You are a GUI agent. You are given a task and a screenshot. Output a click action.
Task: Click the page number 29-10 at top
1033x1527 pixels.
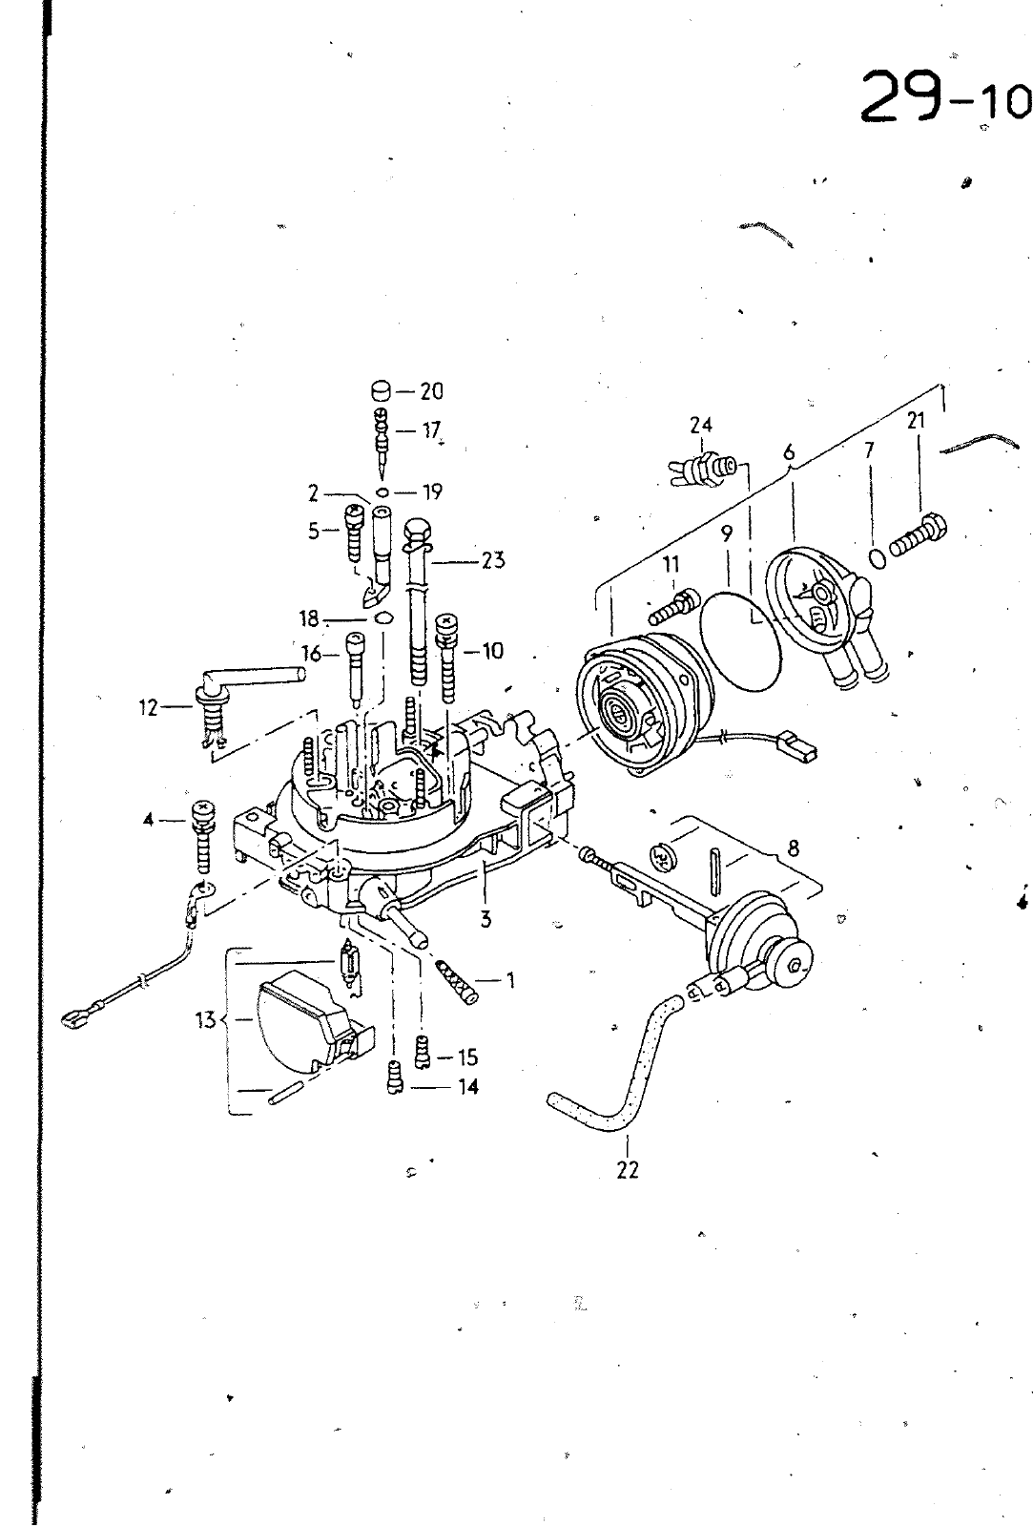click(x=946, y=97)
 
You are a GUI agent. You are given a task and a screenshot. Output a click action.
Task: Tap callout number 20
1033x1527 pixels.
click(x=430, y=391)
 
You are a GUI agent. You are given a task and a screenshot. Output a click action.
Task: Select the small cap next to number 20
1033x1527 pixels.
click(x=382, y=391)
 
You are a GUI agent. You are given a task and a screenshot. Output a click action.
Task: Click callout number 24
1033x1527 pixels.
click(x=700, y=426)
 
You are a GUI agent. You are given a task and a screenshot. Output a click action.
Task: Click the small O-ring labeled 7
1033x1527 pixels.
click(x=878, y=558)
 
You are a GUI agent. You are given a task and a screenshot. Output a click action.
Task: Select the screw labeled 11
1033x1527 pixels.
click(x=673, y=605)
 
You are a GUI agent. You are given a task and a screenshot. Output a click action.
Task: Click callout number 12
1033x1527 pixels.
click(x=149, y=707)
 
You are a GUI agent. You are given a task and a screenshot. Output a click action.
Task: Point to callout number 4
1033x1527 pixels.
click(x=149, y=820)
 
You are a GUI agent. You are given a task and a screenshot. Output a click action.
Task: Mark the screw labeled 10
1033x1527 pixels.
click(x=447, y=659)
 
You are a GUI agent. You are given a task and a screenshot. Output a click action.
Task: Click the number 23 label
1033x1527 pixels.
click(x=492, y=560)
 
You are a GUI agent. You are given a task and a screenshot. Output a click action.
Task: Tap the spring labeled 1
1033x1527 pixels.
click(x=460, y=982)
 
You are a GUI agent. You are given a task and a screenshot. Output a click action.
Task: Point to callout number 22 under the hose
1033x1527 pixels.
click(x=628, y=1170)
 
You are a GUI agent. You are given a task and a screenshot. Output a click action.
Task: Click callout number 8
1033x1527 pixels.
click(x=793, y=848)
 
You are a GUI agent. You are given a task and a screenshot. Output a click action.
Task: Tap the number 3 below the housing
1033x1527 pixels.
click(x=486, y=919)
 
